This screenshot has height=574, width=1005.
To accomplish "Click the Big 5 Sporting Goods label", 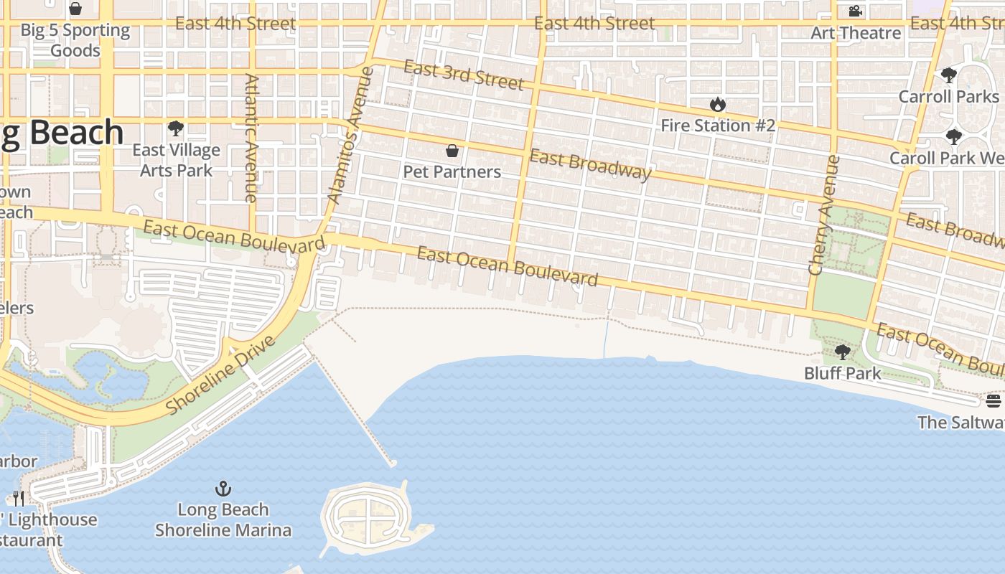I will [75, 40].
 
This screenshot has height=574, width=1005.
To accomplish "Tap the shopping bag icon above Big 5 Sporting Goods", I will [75, 9].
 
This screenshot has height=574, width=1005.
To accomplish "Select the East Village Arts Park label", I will [176, 160].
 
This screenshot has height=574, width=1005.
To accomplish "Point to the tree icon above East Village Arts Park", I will [175, 129].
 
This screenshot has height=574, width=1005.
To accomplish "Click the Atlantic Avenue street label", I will [251, 138].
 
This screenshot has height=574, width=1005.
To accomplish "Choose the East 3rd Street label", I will [464, 75].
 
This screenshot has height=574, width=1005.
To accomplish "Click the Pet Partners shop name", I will [452, 172].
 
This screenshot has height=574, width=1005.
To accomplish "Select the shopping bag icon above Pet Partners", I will [452, 151].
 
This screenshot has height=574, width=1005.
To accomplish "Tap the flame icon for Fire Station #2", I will [717, 105].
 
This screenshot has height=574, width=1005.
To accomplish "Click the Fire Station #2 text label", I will [717, 126].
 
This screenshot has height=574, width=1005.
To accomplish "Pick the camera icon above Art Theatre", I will [855, 11].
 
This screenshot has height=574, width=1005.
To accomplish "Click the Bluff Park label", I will [842, 373].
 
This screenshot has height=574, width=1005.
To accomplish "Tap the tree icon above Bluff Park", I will [842, 352].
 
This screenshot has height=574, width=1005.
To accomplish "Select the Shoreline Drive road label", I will [220, 375].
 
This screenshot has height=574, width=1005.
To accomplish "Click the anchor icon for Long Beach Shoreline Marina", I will [223, 489].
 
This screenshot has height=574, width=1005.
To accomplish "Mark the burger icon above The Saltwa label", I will [994, 401].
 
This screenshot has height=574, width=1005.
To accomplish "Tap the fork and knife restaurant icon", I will [19, 498].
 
